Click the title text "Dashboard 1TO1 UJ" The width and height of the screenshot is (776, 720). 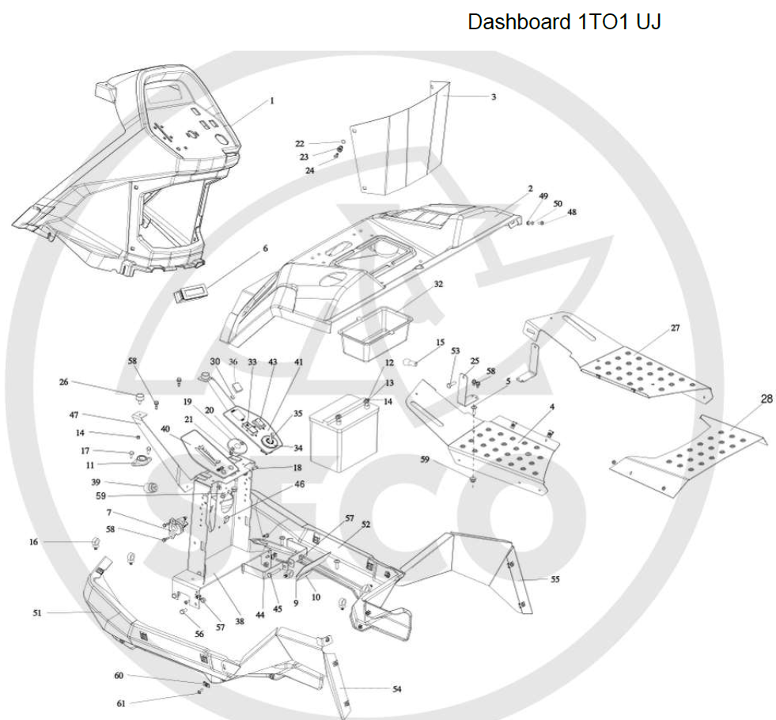564,21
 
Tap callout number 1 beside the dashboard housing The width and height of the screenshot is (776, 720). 271,100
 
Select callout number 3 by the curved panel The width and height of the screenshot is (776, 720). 493,97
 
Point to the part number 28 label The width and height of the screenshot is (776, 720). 767,399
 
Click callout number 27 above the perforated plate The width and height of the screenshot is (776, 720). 675,328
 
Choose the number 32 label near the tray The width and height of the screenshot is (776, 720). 437,283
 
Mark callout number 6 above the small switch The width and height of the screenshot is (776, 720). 265,248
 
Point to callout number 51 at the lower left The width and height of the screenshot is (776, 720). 37,612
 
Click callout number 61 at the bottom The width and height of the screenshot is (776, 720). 121,703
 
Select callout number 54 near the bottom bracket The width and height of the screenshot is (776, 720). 396,689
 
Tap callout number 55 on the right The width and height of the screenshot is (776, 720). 555,580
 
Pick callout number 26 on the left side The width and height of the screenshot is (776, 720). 63,382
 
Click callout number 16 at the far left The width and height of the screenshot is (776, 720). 33,542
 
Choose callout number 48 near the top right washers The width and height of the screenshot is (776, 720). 572,212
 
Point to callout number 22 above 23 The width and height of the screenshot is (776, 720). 299,143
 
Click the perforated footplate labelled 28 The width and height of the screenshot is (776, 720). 692,454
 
